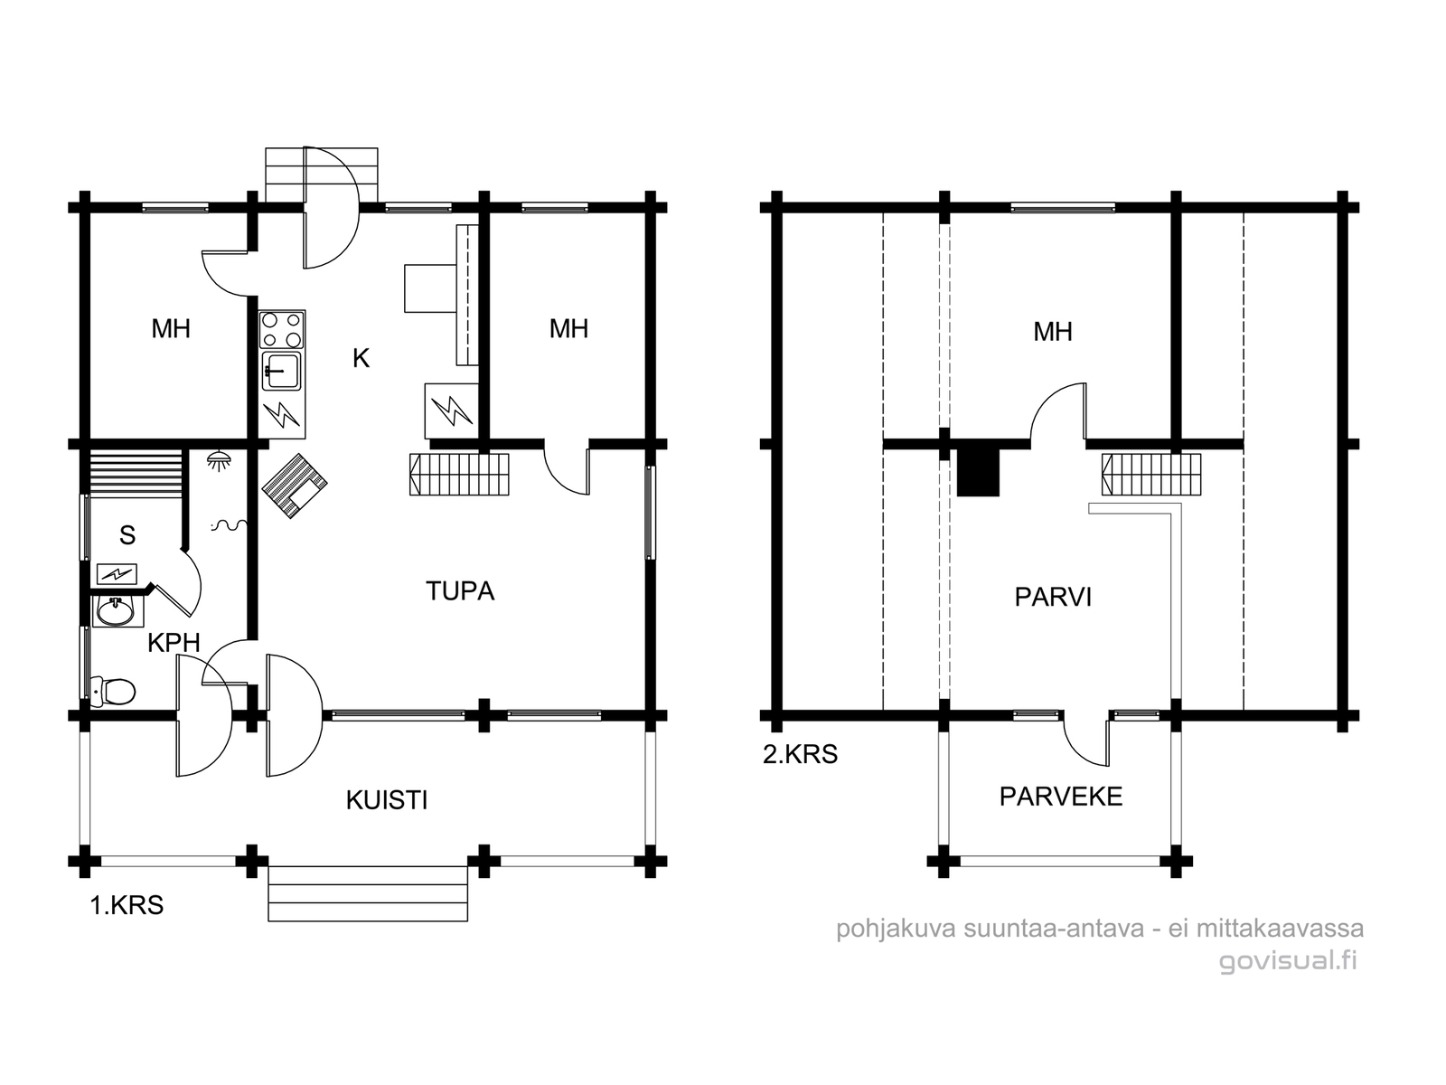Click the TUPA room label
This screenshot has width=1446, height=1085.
point(460,591)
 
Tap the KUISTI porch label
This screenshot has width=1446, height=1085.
point(387,800)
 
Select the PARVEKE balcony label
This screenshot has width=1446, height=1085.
point(1061,797)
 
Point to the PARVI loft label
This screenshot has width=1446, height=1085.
point(1053,597)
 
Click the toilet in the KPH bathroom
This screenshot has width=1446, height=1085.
point(113,691)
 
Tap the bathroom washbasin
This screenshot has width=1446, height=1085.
point(117,610)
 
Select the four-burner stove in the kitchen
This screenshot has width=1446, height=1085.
point(282,330)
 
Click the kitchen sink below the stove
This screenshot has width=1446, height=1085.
point(281,371)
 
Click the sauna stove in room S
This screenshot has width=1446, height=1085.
point(117,574)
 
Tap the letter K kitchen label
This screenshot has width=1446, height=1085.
point(361,358)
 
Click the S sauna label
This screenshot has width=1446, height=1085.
point(127,535)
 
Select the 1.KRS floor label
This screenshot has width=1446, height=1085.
point(127,905)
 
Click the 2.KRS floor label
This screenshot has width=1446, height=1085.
point(801,754)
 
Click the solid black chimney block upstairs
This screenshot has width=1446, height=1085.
point(978,472)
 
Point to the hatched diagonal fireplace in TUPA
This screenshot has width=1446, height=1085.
point(295,486)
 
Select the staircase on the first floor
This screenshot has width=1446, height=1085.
point(459,475)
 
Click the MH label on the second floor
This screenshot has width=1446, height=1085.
point(1053,331)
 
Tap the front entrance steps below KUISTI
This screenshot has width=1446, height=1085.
point(368,894)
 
